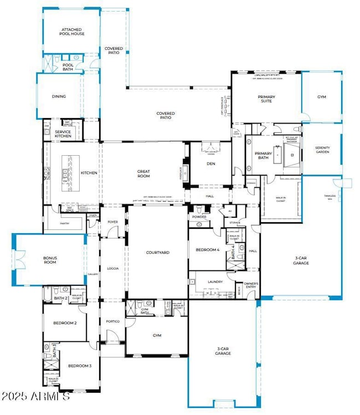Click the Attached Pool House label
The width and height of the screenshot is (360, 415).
click(71, 32)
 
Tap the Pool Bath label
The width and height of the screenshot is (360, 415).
click(68, 67)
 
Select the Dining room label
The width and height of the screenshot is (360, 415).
click(59, 96)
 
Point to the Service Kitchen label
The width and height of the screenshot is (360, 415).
click(63, 134)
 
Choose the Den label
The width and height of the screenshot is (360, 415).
click(210, 163)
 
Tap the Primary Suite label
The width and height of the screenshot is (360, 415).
click(266, 99)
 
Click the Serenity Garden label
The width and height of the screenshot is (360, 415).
click(322, 150)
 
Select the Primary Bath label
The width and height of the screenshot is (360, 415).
click(263, 155)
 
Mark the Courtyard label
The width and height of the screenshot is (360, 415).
click(157, 253)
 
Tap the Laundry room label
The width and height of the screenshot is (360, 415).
click(215, 281)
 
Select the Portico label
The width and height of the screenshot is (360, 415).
click(113, 321)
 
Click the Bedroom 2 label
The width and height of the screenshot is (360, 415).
click(64, 322)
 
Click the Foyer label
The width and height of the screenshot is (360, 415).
click(113, 222)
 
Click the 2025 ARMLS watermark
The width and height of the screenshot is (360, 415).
click(35, 397)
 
